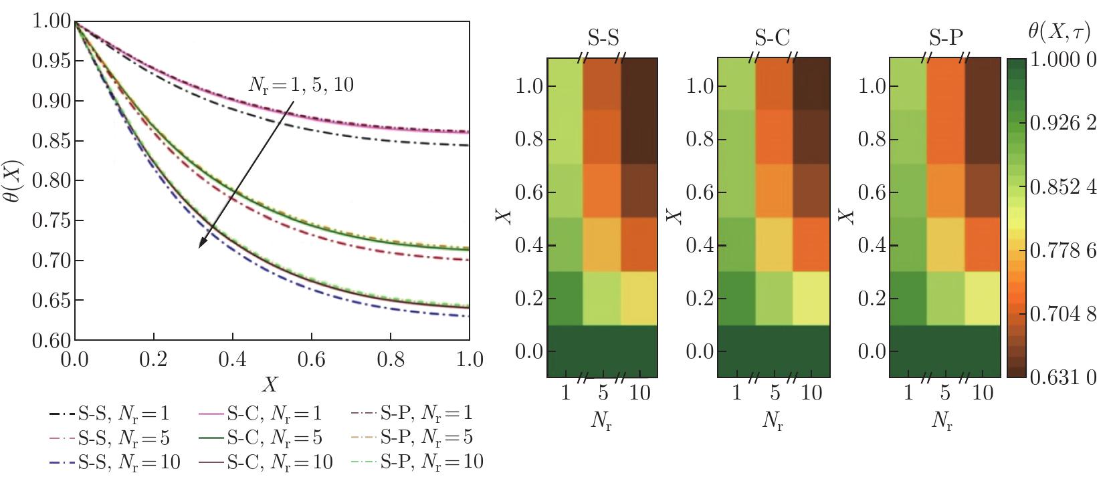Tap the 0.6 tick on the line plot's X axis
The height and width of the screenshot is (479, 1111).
click(312, 359)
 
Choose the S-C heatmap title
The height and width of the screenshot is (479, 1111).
click(773, 38)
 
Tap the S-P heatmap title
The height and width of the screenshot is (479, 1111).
click(945, 38)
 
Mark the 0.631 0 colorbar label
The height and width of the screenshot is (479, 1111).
click(1064, 378)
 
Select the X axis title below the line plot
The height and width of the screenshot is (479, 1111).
click(270, 384)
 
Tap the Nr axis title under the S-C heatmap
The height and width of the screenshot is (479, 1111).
click(773, 422)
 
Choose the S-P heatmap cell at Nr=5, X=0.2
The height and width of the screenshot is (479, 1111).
click(945, 298)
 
